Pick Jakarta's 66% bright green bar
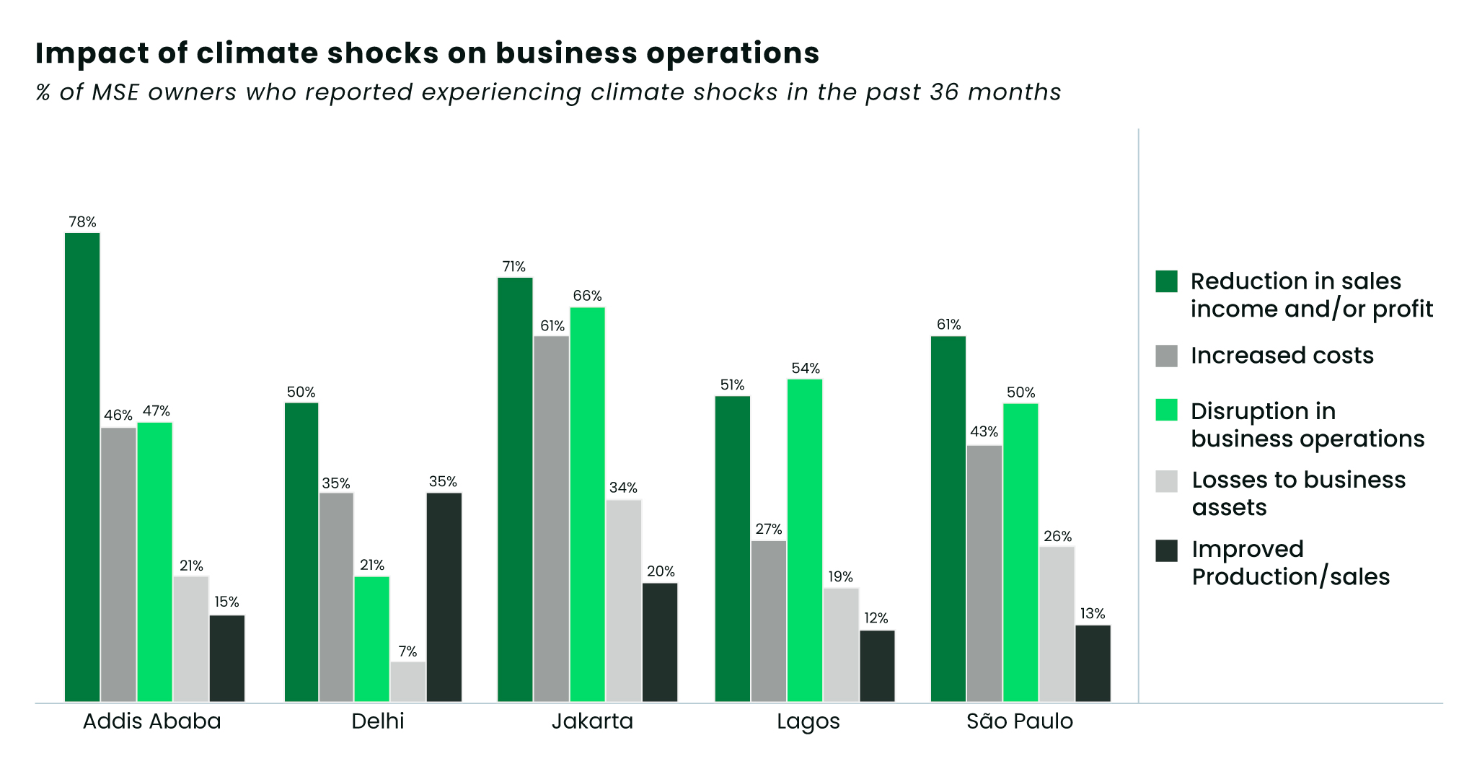(x=588, y=504)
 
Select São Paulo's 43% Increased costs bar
(x=984, y=573)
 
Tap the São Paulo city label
(x=1020, y=721)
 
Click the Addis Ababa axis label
(x=152, y=721)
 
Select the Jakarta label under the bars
(x=592, y=721)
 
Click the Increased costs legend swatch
(x=1166, y=356)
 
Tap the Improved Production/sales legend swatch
(x=1166, y=550)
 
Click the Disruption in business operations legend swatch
(x=1166, y=410)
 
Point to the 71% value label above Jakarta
(x=514, y=267)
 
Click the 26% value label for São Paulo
(x=1057, y=536)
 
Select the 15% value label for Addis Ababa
(x=226, y=602)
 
